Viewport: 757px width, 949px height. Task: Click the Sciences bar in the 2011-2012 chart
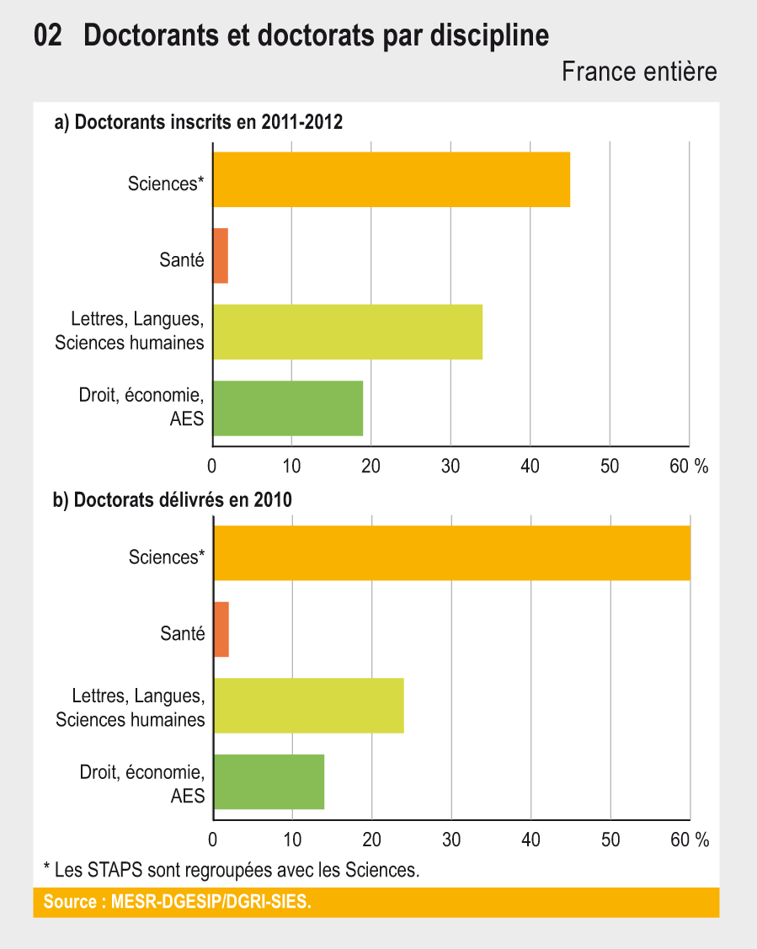point(392,179)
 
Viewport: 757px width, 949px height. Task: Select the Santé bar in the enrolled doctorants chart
point(221,256)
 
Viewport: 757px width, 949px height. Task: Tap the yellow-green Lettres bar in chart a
point(348,332)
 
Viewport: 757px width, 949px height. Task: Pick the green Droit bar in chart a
point(288,408)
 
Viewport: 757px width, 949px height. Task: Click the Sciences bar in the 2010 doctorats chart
point(452,552)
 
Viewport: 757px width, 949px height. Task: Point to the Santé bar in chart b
point(221,629)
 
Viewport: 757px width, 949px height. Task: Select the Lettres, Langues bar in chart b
point(309,705)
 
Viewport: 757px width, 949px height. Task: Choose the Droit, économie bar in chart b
point(269,781)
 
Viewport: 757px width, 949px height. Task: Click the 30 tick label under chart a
point(450,466)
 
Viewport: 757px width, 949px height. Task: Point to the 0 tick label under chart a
point(212,466)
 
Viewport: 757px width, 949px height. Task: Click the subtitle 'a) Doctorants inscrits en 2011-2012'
point(198,123)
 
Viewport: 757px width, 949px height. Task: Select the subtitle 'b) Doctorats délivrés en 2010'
point(173,500)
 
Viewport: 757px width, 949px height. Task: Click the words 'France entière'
point(639,72)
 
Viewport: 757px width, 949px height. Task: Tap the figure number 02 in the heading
point(48,36)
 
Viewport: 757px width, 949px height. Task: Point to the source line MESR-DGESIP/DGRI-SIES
point(177,902)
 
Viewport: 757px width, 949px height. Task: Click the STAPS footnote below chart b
point(231,869)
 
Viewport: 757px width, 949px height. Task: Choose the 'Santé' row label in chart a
point(182,260)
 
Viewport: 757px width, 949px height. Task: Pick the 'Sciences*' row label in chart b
point(167,557)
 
